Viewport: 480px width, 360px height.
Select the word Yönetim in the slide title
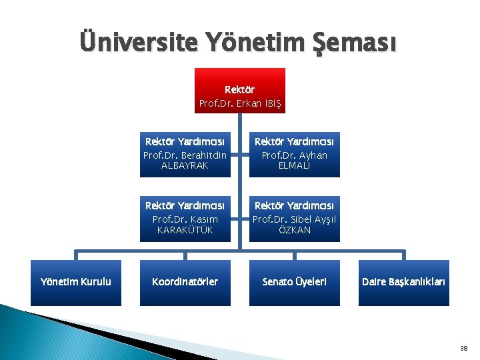[248, 43]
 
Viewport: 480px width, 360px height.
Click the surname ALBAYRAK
[185, 165]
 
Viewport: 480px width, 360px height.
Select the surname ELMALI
[294, 165]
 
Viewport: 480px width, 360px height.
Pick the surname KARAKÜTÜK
[185, 230]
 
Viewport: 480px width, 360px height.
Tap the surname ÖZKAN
[294, 230]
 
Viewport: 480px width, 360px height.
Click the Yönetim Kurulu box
[76, 282]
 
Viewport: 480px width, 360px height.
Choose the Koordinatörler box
[185, 282]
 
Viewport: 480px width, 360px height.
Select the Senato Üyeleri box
[294, 282]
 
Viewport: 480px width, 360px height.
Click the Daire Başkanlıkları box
[403, 282]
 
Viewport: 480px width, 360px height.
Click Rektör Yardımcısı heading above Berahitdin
[185, 141]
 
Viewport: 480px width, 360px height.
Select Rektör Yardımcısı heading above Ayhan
[294, 141]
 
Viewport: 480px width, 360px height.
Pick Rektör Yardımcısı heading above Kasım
[185, 206]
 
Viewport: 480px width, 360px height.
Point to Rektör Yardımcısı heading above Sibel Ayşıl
[294, 206]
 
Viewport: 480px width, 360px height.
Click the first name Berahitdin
[198, 155]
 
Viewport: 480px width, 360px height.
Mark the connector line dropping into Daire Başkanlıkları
[403, 255]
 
